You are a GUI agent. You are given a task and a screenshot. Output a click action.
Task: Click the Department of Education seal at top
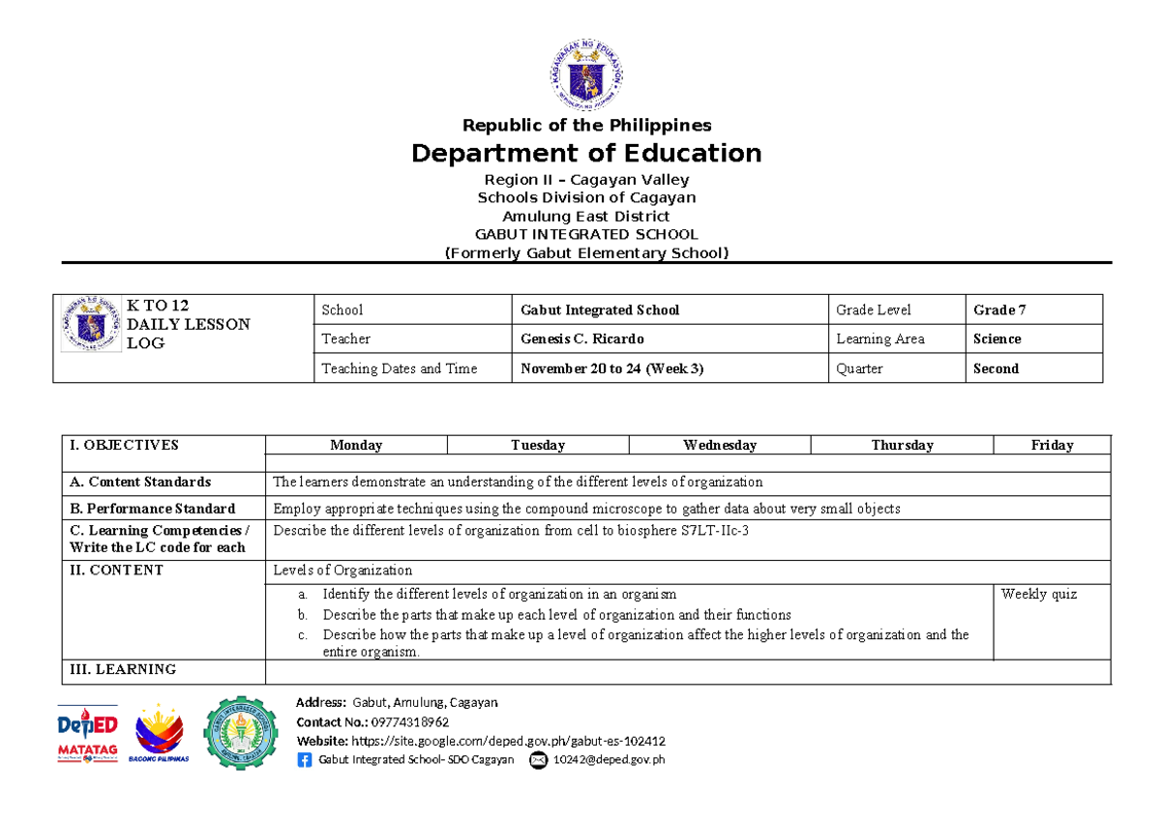point(586,73)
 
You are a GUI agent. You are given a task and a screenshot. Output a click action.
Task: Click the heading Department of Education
point(586,154)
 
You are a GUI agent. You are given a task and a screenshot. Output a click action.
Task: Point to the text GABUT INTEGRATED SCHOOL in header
point(586,234)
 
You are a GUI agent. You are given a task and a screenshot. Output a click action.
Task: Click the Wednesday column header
point(720,445)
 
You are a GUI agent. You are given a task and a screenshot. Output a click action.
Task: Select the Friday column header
point(1052,445)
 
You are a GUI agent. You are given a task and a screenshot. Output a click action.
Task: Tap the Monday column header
point(356,445)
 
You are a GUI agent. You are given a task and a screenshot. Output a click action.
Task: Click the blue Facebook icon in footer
point(306,760)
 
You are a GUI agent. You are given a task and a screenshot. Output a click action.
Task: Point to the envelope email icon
point(538,760)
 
